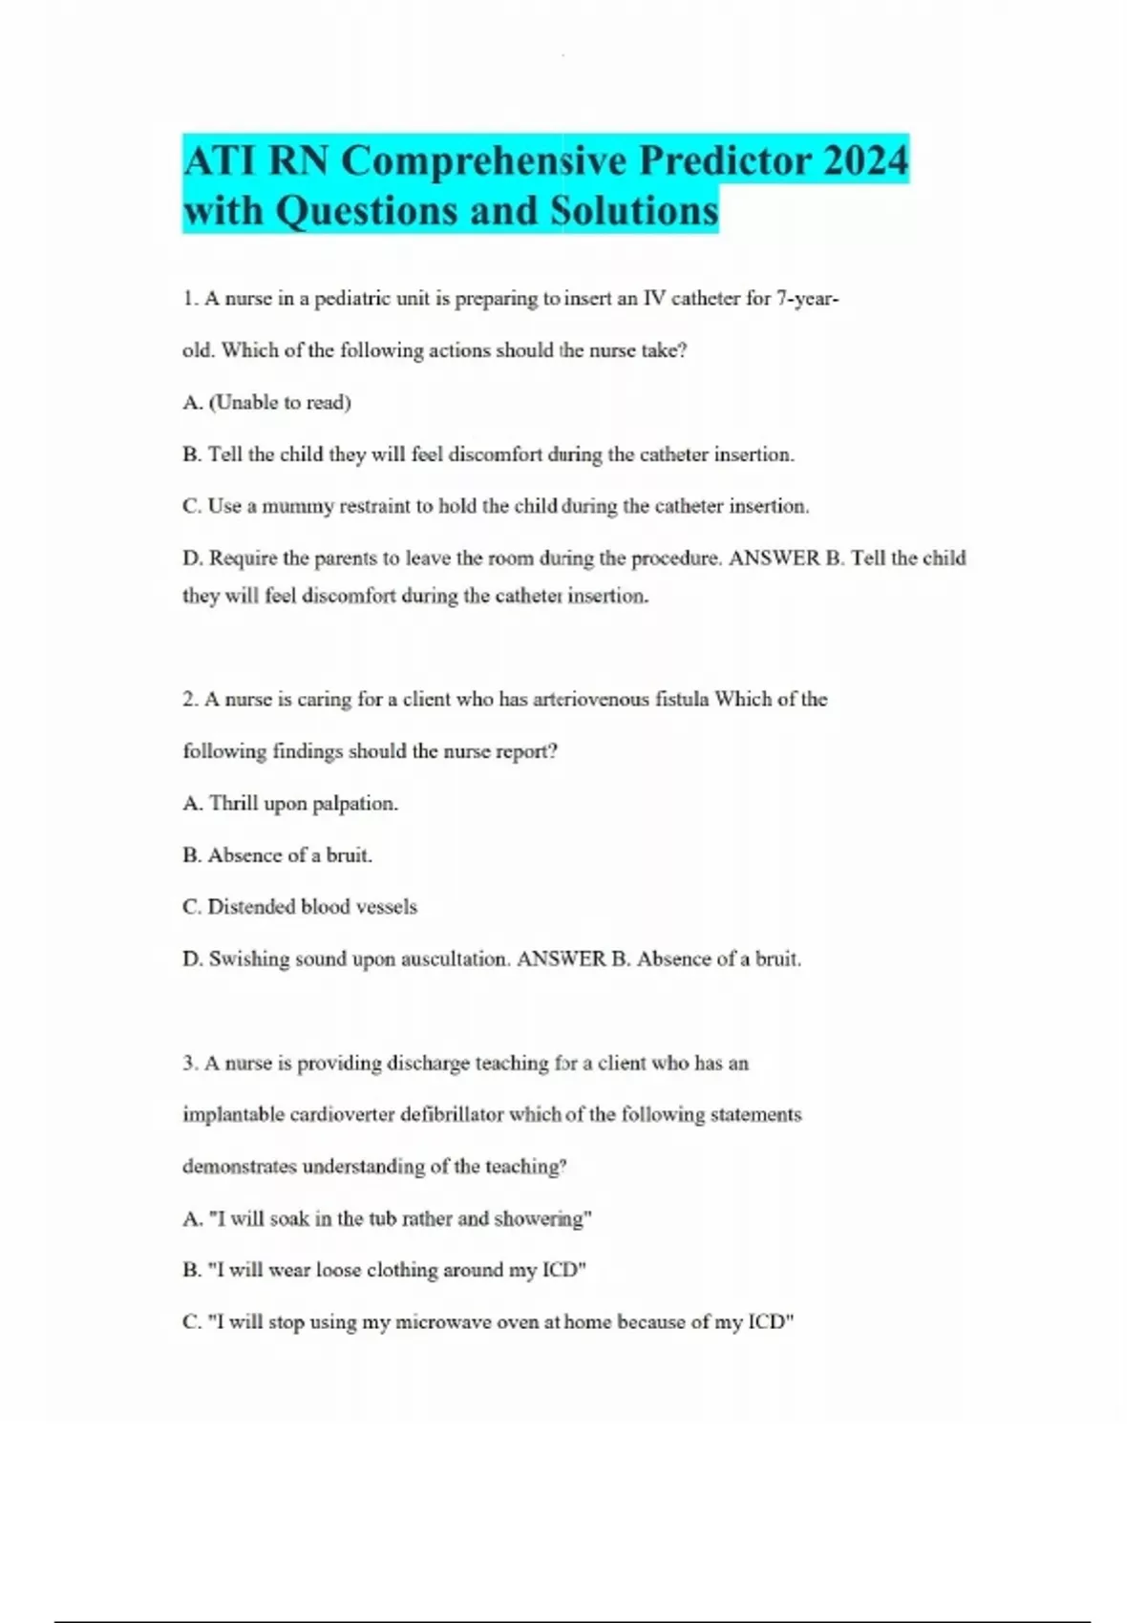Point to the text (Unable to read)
point(280,403)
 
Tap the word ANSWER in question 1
point(775,559)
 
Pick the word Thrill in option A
point(233,804)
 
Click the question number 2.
point(189,700)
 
